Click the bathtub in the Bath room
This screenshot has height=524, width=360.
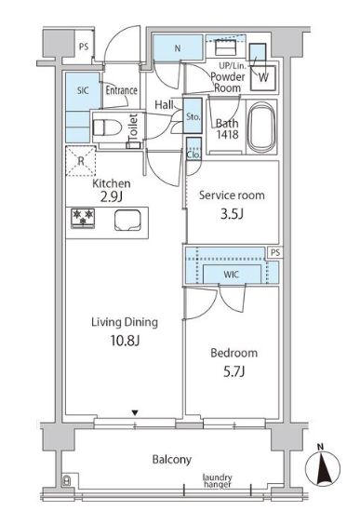[261, 127]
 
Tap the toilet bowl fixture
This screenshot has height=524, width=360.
[107, 128]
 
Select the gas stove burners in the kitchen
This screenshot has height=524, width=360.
[83, 219]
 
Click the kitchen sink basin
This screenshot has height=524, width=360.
[127, 220]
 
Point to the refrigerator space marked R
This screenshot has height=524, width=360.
[81, 161]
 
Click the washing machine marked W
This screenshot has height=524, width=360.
[263, 78]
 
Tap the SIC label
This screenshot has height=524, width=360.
[83, 90]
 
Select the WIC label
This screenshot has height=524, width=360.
[231, 275]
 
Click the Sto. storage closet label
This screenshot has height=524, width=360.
[193, 116]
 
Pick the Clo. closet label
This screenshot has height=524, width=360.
[193, 155]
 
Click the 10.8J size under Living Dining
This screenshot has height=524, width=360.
[125, 341]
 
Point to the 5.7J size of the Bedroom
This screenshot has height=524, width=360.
[234, 371]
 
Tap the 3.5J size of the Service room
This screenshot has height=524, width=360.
[232, 213]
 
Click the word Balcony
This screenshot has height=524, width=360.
[172, 460]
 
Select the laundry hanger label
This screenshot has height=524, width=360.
[218, 480]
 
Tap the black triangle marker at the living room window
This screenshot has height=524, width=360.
[135, 413]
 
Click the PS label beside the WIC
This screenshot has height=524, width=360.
[275, 252]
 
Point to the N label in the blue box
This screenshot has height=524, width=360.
[178, 48]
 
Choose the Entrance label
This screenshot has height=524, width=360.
[122, 90]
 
